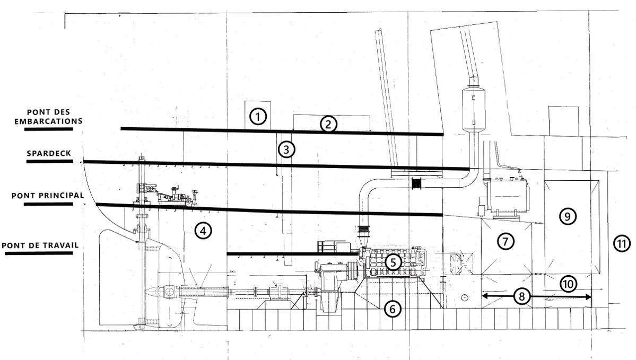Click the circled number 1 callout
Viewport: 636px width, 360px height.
258,116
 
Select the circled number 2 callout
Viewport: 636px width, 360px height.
328,124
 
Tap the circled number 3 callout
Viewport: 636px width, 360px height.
286,150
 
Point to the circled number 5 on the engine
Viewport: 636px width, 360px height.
393,261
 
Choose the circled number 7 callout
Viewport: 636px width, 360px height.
505,241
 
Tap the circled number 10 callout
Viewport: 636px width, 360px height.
568,284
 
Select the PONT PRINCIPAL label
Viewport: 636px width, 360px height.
48,195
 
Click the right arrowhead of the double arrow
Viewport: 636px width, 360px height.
587,297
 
